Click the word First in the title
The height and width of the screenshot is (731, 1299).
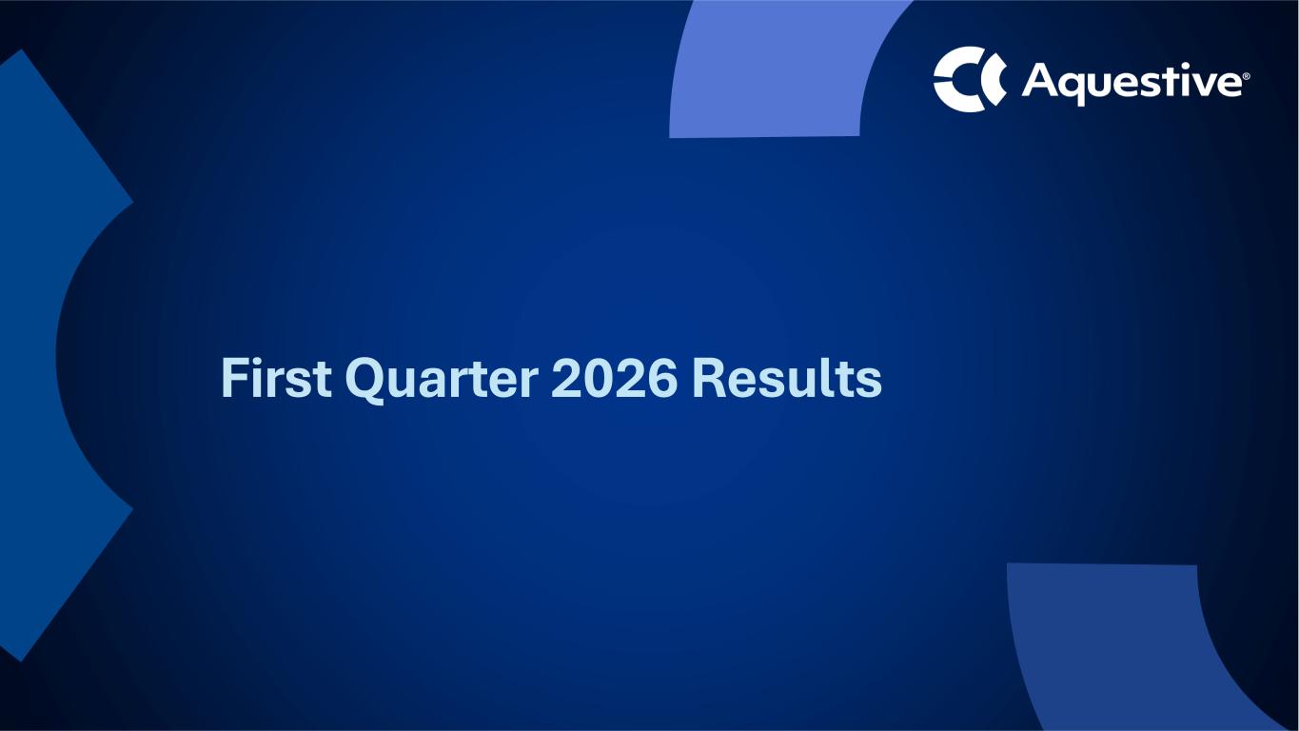[277, 378]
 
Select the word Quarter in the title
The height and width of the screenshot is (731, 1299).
[442, 381]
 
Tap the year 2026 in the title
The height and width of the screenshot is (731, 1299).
[614, 378]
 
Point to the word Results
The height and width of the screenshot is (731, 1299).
[787, 378]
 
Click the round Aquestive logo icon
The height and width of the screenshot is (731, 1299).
[970, 80]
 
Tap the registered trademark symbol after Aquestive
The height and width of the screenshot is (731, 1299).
[1247, 76]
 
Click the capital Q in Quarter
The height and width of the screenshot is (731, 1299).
[364, 381]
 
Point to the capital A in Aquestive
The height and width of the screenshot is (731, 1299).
[1042, 80]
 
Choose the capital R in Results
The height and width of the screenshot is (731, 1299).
[710, 378]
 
